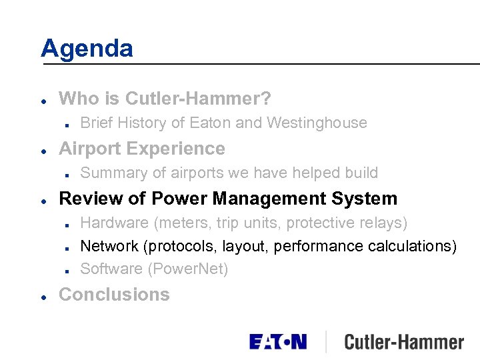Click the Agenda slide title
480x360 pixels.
[x=87, y=48]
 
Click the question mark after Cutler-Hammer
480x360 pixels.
[x=266, y=99]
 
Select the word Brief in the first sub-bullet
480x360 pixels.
[x=95, y=123]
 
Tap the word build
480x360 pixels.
[x=361, y=173]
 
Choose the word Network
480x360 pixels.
[x=108, y=246]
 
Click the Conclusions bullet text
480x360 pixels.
[x=114, y=295]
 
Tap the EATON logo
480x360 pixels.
[x=278, y=342]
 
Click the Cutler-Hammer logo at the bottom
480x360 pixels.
[x=404, y=343]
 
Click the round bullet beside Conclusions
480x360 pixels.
[x=43, y=295]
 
